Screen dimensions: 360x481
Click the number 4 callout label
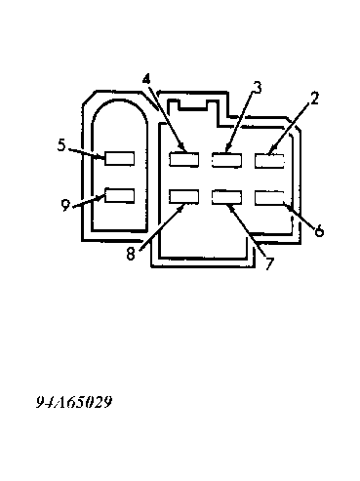[x=147, y=79]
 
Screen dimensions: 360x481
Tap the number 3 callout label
[x=258, y=87]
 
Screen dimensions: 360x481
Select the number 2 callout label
[x=314, y=99]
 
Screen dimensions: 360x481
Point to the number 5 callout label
[x=61, y=145]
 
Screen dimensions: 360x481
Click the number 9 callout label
[x=65, y=205]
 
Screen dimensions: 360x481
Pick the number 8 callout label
[x=131, y=254]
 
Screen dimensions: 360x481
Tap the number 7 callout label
[x=268, y=263]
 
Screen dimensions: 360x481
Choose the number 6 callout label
[x=319, y=230]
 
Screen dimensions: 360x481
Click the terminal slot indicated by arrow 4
[x=184, y=159]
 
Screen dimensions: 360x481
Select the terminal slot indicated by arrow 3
[x=226, y=160]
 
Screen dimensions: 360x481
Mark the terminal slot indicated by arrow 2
[x=269, y=161]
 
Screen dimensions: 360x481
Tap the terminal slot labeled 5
[x=119, y=158]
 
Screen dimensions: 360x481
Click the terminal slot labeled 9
[x=119, y=195]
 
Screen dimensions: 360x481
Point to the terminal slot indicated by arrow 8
[x=184, y=197]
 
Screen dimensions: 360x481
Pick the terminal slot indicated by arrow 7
[x=226, y=197]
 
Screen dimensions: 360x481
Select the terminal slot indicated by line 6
[x=269, y=198]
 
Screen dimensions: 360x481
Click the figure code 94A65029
[x=74, y=402]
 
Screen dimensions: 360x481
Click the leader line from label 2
[x=289, y=128]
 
